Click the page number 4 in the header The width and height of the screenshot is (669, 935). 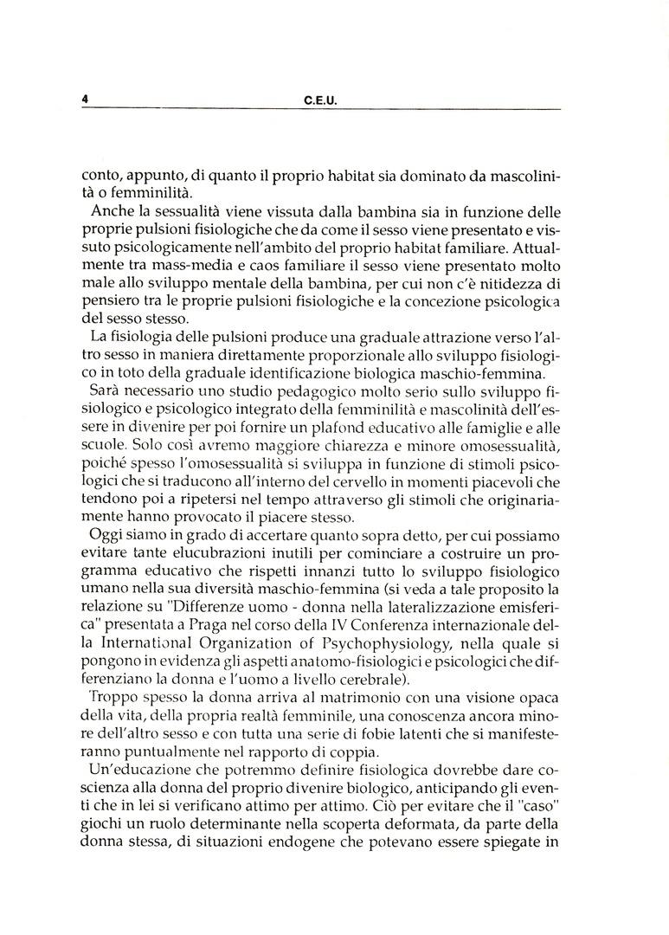tap(86, 100)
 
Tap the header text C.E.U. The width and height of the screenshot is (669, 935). tap(320, 100)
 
